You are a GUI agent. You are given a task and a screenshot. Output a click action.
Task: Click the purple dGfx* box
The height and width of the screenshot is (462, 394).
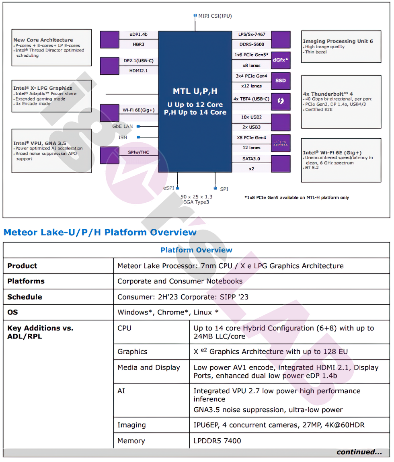[x=281, y=60]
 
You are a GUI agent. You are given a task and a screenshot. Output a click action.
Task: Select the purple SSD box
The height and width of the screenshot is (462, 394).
[x=281, y=80]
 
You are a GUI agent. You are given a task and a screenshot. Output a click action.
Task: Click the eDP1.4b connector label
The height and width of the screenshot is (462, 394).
[x=139, y=34]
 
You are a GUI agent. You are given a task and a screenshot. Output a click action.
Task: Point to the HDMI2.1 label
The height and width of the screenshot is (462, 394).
[x=139, y=70]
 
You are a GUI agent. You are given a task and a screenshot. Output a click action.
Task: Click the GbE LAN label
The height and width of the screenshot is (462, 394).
[x=122, y=126]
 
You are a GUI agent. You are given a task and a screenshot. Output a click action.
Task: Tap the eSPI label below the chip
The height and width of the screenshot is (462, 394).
[x=168, y=188]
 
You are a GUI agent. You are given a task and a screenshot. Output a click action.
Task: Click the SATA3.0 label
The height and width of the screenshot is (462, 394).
[x=251, y=159]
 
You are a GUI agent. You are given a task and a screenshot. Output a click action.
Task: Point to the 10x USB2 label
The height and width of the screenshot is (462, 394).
[x=251, y=117]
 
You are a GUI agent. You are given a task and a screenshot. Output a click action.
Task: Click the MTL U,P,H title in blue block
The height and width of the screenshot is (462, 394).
[x=195, y=91]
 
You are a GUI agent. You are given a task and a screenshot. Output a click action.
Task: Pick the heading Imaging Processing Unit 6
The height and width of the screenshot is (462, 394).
[x=338, y=41]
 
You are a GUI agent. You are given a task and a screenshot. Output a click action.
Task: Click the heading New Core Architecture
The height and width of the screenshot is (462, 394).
[x=43, y=40]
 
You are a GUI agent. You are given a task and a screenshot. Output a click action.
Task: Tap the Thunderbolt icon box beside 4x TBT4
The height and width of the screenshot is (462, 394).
[x=281, y=101]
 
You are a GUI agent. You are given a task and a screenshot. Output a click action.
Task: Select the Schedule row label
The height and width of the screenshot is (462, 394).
[x=25, y=297]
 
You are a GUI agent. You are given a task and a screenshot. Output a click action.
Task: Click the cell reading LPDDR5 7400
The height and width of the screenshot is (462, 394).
[x=217, y=441]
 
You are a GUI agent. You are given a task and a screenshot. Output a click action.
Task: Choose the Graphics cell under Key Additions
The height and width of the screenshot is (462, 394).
[x=132, y=351]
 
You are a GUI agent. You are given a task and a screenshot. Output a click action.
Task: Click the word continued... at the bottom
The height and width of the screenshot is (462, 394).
[x=359, y=452]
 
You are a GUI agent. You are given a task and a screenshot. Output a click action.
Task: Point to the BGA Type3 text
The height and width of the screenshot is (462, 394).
[x=196, y=202]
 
